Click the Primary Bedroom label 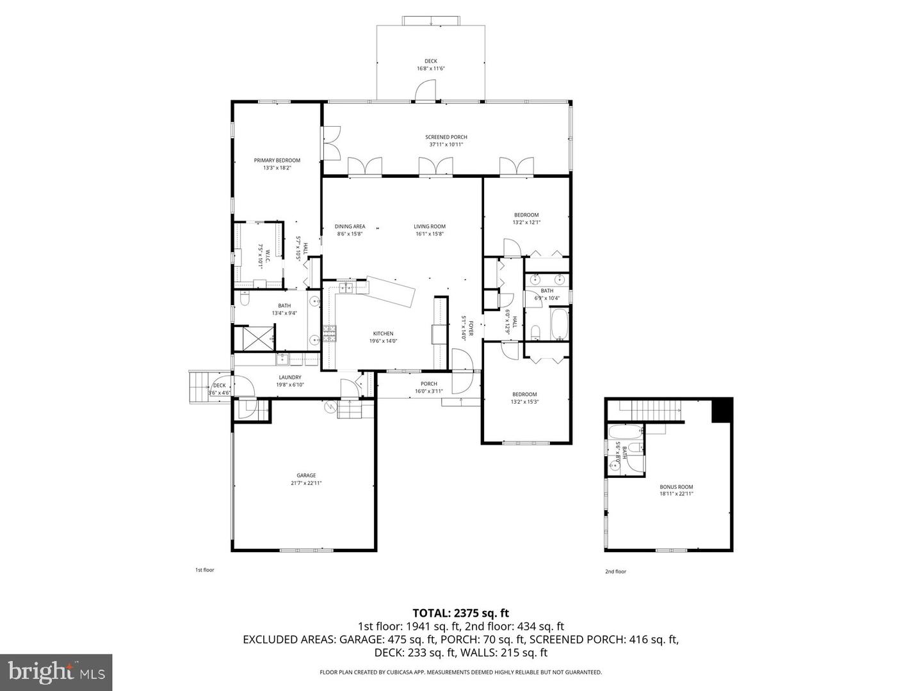277,164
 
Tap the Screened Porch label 446,141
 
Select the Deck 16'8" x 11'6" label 431,65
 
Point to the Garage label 306,479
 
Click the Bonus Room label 676,490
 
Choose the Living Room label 429,230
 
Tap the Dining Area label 350,230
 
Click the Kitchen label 383,337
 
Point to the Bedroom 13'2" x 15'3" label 524,398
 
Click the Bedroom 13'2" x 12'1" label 526,219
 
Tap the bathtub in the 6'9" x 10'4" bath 559,324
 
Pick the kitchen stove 329,334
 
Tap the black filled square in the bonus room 722,410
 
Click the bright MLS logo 56,672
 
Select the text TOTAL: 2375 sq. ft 460,614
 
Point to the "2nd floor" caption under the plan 615,572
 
